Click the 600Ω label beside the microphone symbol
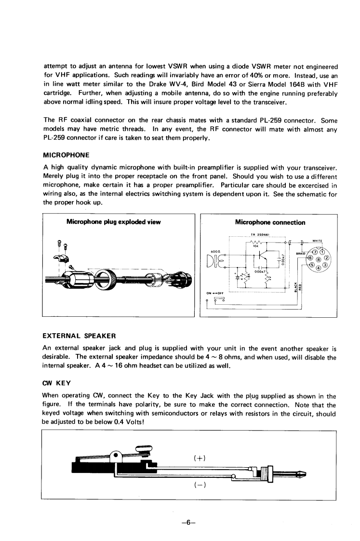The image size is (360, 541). (x=215, y=250)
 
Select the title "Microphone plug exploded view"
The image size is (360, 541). (x=113, y=222)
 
